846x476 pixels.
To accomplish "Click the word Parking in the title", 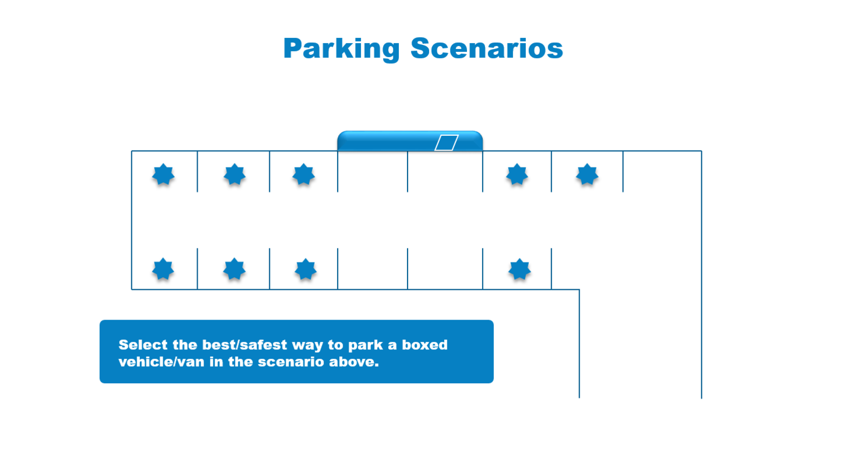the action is coord(342,49).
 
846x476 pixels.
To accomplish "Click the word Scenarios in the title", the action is coord(487,48).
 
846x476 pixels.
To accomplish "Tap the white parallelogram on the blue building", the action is coord(447,143).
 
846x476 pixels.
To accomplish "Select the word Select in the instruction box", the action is coord(143,345).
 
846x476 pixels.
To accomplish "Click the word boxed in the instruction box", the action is coord(424,345).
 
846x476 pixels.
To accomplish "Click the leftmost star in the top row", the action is coord(163,174).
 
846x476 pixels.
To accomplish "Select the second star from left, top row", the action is coord(234,174).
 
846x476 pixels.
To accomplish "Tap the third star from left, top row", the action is coord(304,174).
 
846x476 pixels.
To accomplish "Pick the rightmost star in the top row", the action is coord(587,174).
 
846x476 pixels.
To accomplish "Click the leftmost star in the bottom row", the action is coord(163,269).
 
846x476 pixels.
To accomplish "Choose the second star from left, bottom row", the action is coord(234,269).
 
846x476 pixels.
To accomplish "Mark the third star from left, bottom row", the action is coord(306,269).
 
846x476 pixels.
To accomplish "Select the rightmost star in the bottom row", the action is coord(519,269).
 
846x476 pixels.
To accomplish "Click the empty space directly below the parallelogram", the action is coord(445,171).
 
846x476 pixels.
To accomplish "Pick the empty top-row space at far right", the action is coord(662,171).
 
